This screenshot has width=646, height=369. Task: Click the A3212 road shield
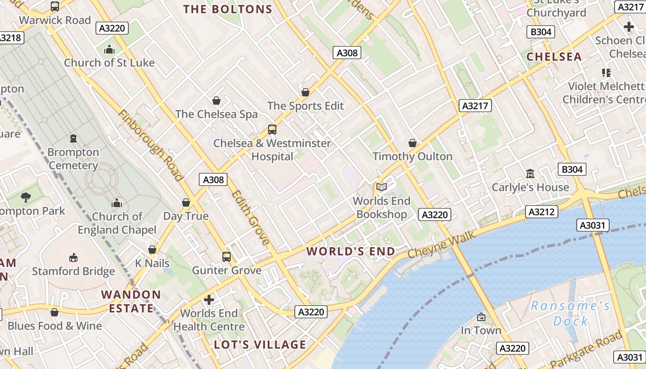coord(542,212)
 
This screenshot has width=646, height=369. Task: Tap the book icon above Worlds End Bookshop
coord(381,187)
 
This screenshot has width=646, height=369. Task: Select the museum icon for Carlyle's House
coord(530,173)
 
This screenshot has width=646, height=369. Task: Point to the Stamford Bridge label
coord(73,271)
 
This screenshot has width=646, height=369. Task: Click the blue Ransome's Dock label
coord(570,313)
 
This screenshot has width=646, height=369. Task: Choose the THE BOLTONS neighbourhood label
coord(227,9)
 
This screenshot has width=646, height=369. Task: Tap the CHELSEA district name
coord(554,57)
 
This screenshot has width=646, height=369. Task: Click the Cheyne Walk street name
coord(441,245)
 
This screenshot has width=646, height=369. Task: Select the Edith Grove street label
coord(251,217)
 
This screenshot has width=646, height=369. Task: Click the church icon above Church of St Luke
coord(109,49)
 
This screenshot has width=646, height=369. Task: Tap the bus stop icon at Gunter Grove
coord(226,257)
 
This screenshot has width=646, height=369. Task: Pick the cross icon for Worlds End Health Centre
coord(209,300)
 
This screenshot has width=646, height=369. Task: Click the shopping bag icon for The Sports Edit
coord(305,92)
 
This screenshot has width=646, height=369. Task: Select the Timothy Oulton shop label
coord(413,156)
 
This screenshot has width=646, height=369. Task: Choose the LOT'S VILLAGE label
coord(260,345)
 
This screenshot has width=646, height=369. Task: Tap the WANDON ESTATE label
coord(131,301)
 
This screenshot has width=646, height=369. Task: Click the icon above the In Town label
coord(481,317)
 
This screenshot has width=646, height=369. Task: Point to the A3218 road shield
coord(10,37)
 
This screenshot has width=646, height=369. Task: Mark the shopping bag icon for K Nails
coord(152,250)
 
